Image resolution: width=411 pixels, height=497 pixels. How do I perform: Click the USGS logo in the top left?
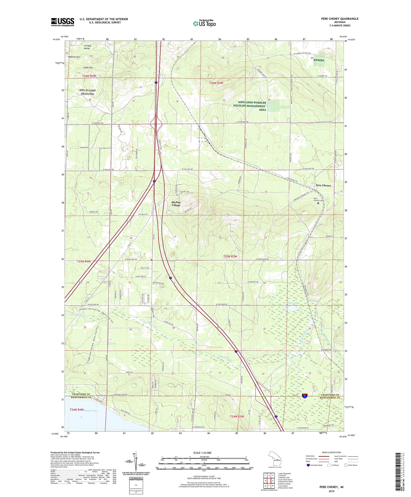point(62,22)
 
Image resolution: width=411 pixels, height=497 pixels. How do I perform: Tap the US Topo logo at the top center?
point(204,24)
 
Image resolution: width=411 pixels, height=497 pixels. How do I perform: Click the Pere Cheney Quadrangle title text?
point(340,19)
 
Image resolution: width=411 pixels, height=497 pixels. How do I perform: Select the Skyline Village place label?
point(176,204)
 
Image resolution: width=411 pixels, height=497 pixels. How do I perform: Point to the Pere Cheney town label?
point(323,185)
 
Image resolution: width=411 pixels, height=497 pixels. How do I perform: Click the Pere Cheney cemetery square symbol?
point(318,203)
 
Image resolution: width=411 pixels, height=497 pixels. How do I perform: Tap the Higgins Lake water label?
point(90,411)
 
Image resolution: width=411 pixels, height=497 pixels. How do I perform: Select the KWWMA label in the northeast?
point(319,60)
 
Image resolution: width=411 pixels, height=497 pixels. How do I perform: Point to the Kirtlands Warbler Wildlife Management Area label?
point(249,106)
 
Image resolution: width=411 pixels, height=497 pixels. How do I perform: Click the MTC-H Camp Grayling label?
point(87,92)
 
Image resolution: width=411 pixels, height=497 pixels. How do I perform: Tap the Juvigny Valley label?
point(87,47)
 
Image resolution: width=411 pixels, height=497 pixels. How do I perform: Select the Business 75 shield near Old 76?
point(304,395)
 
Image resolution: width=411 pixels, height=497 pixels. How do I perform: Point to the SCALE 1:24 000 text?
point(204,453)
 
